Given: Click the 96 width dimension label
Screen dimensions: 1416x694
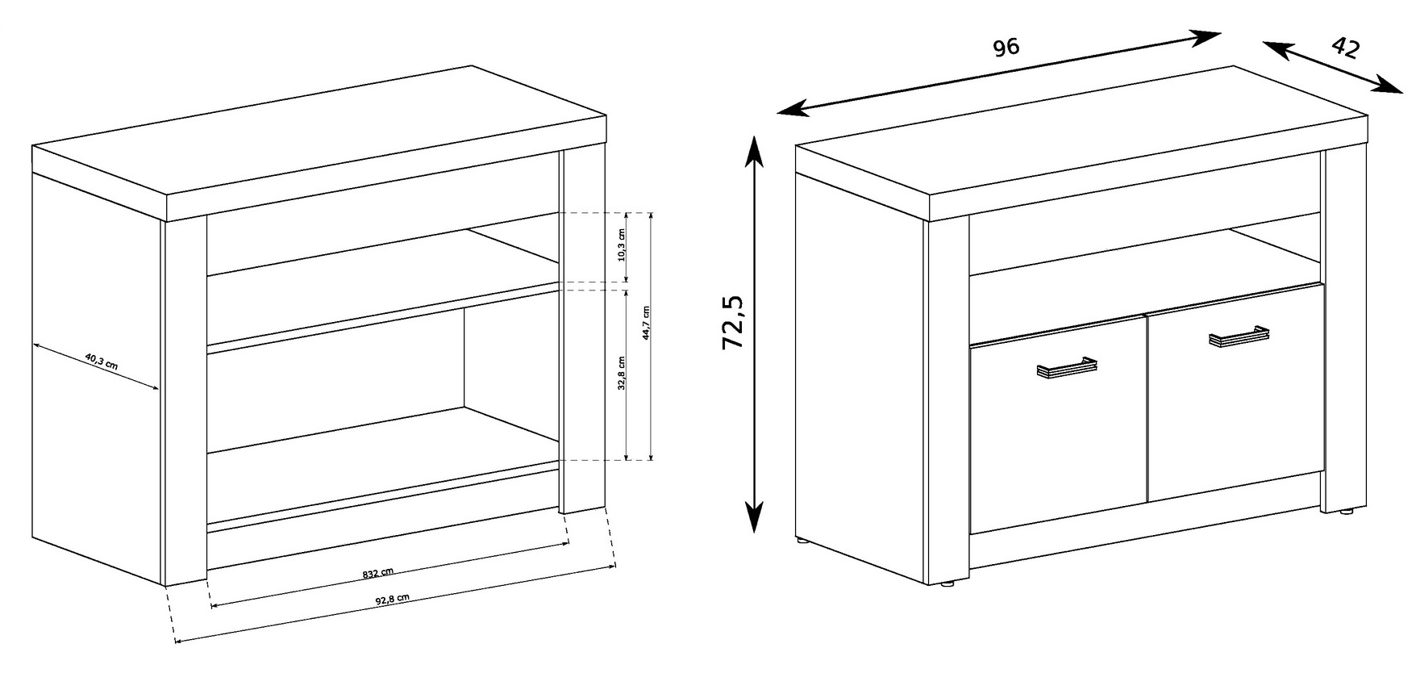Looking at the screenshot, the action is pyautogui.click(x=1006, y=47).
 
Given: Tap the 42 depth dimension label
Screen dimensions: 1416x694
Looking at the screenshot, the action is pyautogui.click(x=1344, y=48).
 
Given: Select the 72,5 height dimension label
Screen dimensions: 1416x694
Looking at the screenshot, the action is pyautogui.click(x=733, y=323).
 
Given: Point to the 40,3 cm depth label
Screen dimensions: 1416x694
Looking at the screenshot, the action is pyautogui.click(x=100, y=361).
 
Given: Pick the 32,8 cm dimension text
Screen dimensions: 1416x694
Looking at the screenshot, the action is pyautogui.click(x=621, y=374).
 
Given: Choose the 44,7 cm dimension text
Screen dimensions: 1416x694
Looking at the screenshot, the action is pyautogui.click(x=646, y=324).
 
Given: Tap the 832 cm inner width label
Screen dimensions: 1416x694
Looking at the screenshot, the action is pyautogui.click(x=377, y=574).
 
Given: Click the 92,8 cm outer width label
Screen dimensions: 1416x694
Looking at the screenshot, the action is pyautogui.click(x=393, y=600).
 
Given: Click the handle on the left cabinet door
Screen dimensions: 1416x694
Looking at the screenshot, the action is pyautogui.click(x=1067, y=367).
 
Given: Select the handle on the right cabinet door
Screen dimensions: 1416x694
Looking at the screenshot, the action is pyautogui.click(x=1239, y=336).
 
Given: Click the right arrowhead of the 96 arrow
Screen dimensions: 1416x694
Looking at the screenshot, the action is pyautogui.click(x=1206, y=37).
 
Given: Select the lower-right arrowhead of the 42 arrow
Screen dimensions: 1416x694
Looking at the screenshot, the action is pyautogui.click(x=1388, y=84).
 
